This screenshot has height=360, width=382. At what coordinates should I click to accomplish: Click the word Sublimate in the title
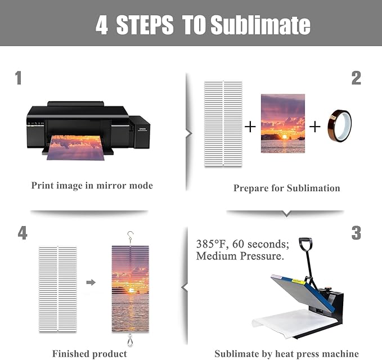(x=260, y=25)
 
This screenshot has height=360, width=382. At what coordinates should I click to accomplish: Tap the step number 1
(x=18, y=78)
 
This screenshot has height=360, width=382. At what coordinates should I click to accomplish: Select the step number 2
(x=356, y=78)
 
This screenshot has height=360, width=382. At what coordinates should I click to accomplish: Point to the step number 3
(x=356, y=233)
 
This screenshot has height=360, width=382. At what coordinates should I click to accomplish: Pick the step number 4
(x=23, y=233)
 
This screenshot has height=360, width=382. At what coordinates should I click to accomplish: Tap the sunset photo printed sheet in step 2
(x=283, y=123)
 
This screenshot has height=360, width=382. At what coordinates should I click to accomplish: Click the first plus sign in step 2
(x=250, y=127)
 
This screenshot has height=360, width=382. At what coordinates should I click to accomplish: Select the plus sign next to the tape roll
(x=314, y=127)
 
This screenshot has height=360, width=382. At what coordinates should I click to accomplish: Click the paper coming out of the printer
(x=75, y=148)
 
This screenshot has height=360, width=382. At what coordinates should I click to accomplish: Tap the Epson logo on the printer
(x=142, y=129)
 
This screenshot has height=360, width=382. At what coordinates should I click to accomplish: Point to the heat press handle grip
(x=305, y=244)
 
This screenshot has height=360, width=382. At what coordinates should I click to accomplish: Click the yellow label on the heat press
(x=299, y=281)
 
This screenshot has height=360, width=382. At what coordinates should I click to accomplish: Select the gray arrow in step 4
(x=91, y=282)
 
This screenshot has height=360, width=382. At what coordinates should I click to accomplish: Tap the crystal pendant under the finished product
(x=131, y=340)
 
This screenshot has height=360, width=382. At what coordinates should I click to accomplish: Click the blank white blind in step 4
(x=58, y=289)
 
